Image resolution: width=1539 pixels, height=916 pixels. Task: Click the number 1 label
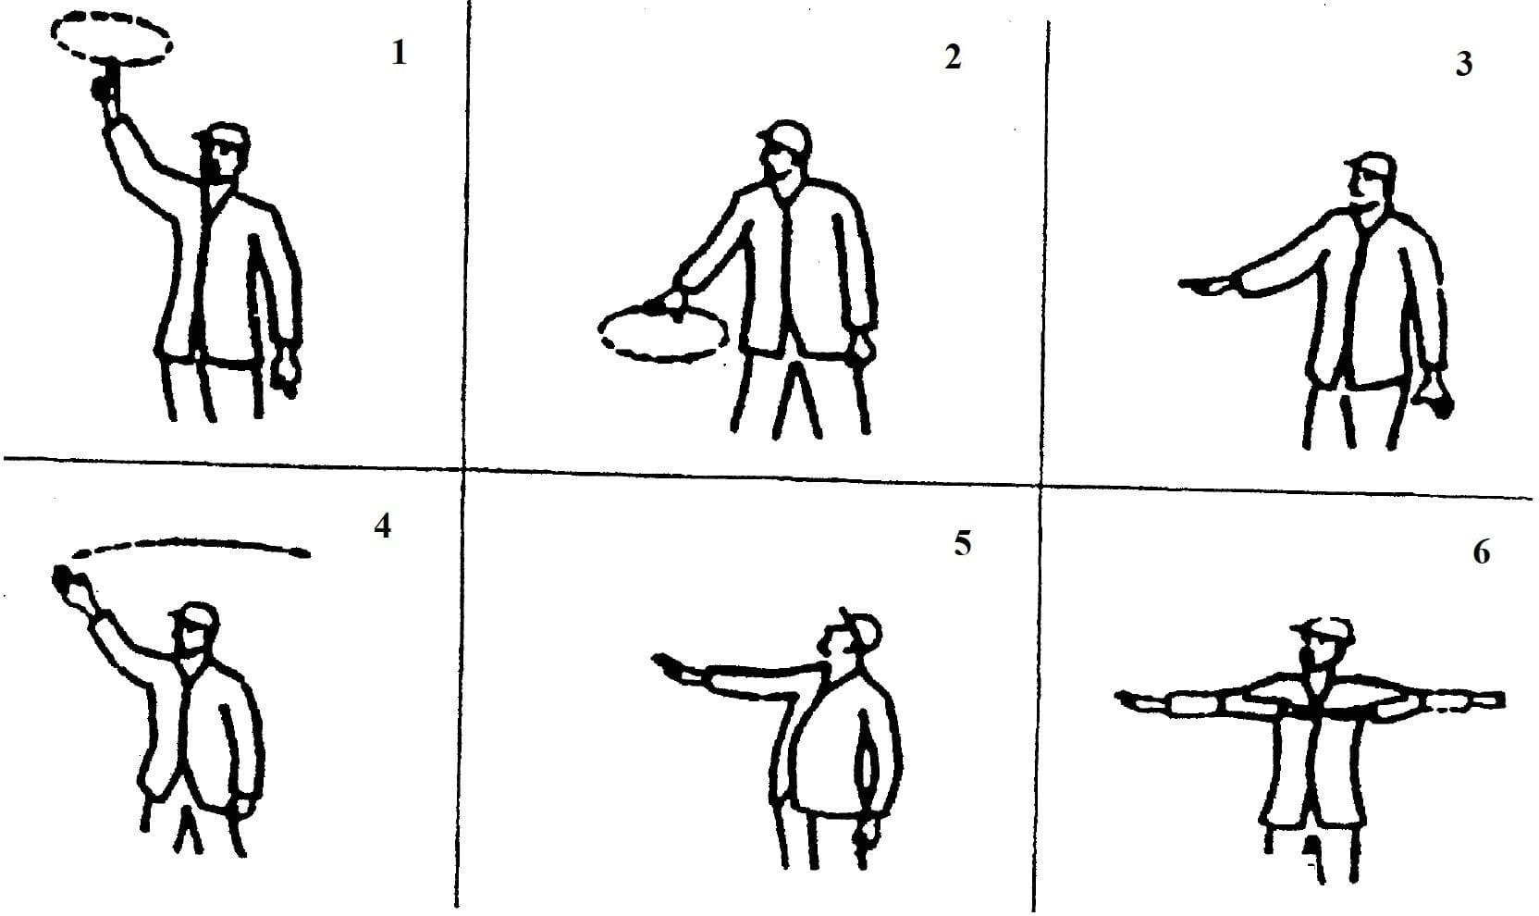click(399, 54)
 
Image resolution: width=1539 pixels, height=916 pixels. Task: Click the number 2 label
click(953, 57)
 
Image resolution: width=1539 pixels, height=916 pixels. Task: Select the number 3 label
click(1463, 65)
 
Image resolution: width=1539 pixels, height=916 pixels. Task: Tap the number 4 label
click(382, 526)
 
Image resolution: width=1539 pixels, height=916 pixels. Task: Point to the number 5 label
click(963, 544)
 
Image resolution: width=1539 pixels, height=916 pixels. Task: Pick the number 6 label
click(1481, 553)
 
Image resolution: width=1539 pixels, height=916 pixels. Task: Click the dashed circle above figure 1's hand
click(110, 37)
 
